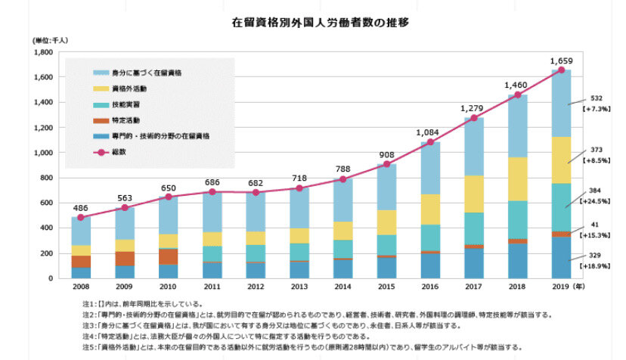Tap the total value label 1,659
coord(562,60)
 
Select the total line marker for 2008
coord(81,217)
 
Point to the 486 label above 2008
coord(81,206)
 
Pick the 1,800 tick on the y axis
coord(43,52)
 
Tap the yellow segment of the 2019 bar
coord(561,160)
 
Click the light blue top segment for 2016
coord(430,168)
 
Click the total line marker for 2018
coord(517,95)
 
